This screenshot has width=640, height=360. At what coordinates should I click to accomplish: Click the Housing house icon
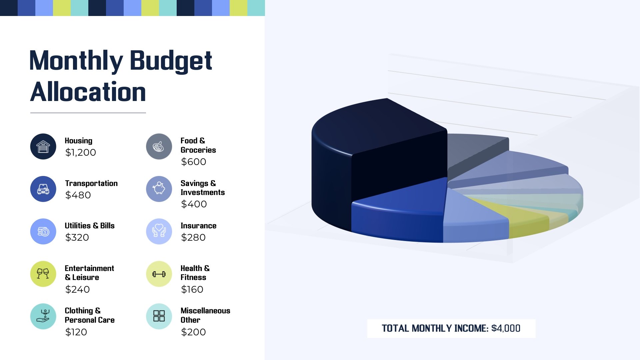[43, 147]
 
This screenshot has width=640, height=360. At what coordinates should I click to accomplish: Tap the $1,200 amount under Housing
[80, 153]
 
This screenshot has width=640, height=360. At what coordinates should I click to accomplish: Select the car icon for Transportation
[43, 189]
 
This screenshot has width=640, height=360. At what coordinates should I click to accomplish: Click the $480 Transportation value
[78, 195]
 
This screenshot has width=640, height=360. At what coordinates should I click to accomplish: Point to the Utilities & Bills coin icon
[43, 231]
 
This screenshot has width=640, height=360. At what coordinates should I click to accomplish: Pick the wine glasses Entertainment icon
[43, 274]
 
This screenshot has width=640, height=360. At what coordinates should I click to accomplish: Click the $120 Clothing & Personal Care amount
[76, 332]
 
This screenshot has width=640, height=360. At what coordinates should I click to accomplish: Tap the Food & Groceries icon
[159, 147]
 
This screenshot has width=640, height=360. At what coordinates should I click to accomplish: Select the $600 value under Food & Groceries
[193, 162]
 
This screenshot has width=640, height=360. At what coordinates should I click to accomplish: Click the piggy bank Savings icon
[159, 189]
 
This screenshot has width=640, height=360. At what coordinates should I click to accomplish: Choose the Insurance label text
[198, 226]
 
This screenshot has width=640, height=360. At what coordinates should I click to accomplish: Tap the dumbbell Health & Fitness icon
[159, 274]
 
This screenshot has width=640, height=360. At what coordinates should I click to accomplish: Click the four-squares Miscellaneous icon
[159, 316]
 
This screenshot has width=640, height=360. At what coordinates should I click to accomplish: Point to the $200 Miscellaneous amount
[193, 332]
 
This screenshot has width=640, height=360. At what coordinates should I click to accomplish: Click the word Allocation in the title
[88, 92]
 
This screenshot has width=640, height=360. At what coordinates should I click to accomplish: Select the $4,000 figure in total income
[506, 328]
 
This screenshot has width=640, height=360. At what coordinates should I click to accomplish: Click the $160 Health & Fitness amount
[192, 289]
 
